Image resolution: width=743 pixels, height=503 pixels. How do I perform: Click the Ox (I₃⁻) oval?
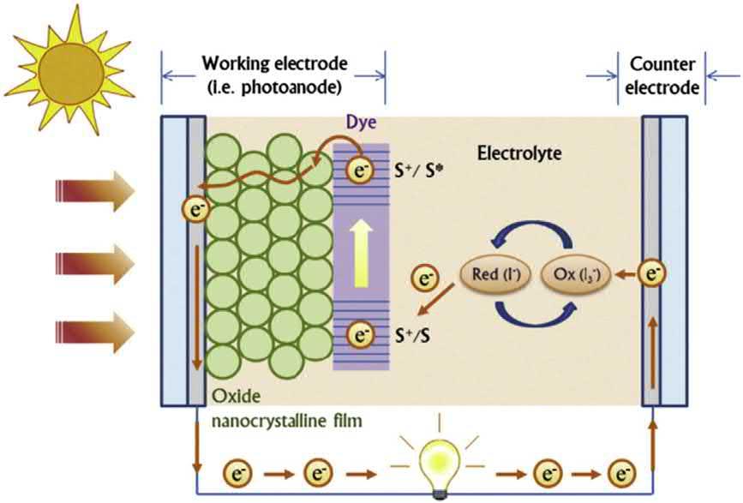coord(585,275)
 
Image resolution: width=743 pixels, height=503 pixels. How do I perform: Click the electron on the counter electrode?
coord(654,274)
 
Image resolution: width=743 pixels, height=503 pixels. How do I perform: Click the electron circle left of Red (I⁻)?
coord(423,278)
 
